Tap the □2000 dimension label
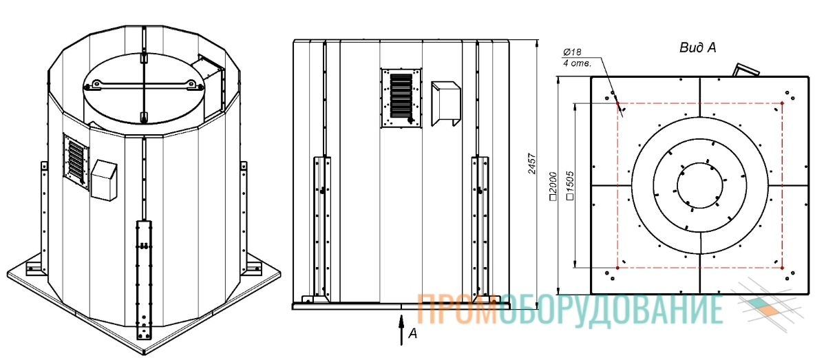553,186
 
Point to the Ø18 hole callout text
571,52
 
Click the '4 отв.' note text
574,63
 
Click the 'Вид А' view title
698,47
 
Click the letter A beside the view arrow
413,334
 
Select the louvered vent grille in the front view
401,98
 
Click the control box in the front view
445,103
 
